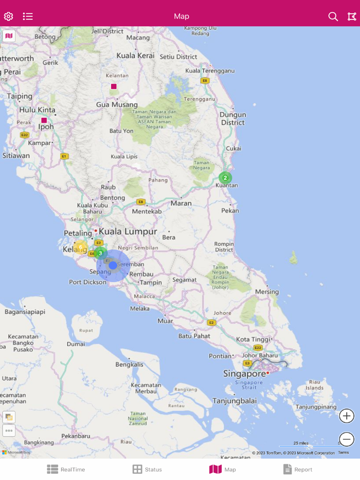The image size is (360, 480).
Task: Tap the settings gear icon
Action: pyautogui.click(x=8, y=16)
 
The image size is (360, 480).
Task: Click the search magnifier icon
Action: pyautogui.click(x=333, y=16)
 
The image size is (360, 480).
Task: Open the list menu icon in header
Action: pyautogui.click(x=28, y=16)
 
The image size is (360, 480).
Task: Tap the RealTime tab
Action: pyautogui.click(x=66, y=469)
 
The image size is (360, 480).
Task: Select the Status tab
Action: pyautogui.click(x=147, y=469)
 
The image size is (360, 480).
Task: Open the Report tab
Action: pyautogui.click(x=298, y=469)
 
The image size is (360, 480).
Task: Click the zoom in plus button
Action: pyautogui.click(x=347, y=416)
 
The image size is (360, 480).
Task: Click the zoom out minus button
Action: pyautogui.click(x=347, y=439)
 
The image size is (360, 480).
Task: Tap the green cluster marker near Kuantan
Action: pyautogui.click(x=225, y=178)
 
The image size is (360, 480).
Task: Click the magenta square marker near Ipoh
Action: pyautogui.click(x=44, y=120)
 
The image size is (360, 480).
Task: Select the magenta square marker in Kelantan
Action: pyautogui.click(x=114, y=86)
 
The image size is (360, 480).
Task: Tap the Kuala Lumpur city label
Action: pyautogui.click(x=128, y=232)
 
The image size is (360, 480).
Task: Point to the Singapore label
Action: pyautogui.click(x=244, y=374)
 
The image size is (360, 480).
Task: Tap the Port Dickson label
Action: pyautogui.click(x=87, y=282)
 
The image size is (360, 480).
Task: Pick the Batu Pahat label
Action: pyautogui.click(x=194, y=336)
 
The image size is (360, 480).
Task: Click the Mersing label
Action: pyautogui.click(x=266, y=292)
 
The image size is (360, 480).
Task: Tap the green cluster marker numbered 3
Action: pyautogui.click(x=100, y=253)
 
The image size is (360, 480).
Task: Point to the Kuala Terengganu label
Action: pyautogui.click(x=210, y=70)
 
